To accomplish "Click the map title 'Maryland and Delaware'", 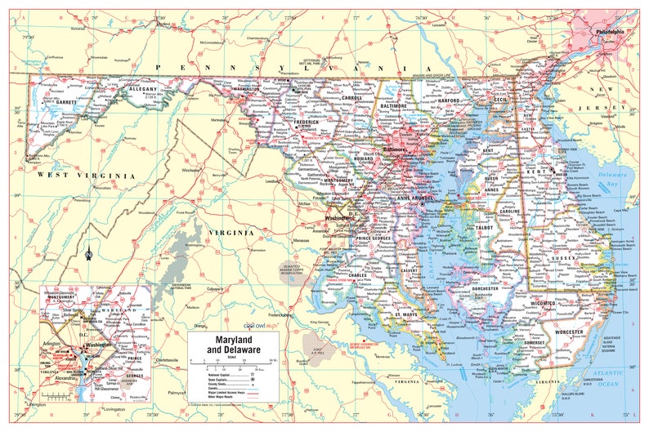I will pos(232,344).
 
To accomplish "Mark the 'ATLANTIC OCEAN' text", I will pos(617,376).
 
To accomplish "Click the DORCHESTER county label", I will pos(485,287).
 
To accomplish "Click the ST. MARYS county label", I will pos(405,314).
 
